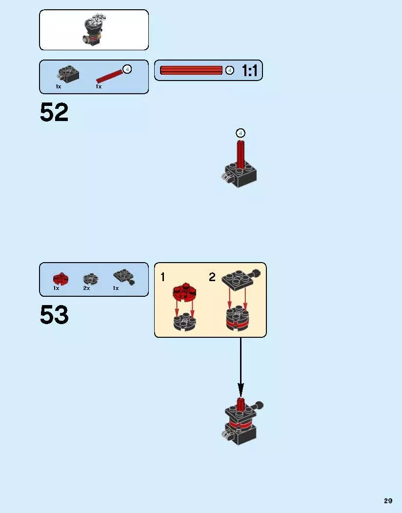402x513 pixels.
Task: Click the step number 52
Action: coord(54,112)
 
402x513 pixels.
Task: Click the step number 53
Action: coord(54,314)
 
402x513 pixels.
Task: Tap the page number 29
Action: coord(388,501)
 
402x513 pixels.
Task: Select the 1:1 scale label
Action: coord(250,70)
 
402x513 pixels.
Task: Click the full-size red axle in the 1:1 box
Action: coord(191,70)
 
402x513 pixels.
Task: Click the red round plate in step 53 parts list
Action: coord(60,279)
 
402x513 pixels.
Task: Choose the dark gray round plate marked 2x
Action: coord(91,278)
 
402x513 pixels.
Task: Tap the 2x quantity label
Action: coord(86,288)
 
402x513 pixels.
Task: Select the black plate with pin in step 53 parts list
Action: coord(124,277)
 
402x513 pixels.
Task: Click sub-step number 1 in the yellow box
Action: coord(162,277)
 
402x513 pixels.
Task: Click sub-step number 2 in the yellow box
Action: coord(212,277)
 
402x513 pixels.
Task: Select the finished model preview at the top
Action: coord(94,30)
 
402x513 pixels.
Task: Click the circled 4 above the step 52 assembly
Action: coord(241,133)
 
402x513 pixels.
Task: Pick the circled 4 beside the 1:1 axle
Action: coord(230,70)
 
